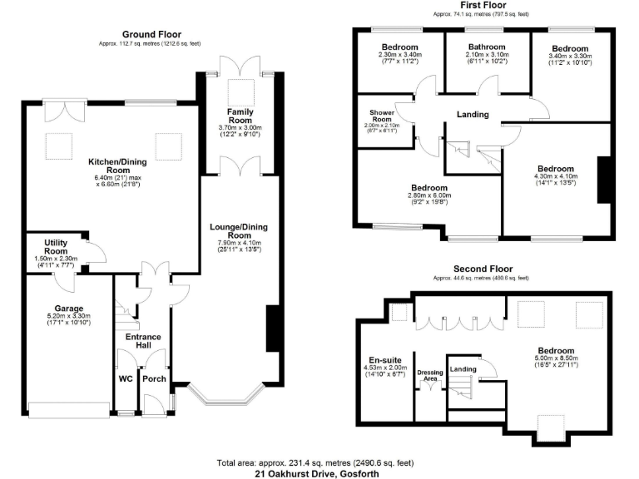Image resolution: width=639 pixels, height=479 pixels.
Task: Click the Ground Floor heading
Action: pos(151,34)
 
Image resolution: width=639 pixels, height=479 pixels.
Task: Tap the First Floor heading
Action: pos(482,5)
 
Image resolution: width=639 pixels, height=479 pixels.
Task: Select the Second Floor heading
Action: pos(482,269)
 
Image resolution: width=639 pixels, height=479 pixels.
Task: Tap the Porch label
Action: pos(155,378)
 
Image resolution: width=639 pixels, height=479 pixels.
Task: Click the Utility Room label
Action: pos(57,246)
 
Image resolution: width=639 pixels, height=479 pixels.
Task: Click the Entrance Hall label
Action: pos(142,341)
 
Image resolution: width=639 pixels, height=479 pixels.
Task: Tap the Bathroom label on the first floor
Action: pos(486,47)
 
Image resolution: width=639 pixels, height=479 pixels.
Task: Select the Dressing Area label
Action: pos(429,375)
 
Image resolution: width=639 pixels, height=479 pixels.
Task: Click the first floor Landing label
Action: pos(472,115)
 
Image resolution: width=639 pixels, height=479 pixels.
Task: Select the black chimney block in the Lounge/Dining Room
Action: pos(271,329)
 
